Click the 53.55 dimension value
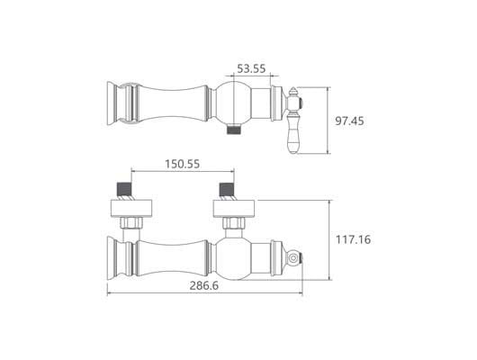pyautogui.click(x=251, y=68)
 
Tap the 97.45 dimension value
pyautogui.click(x=349, y=121)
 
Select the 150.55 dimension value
pyautogui.click(x=182, y=164)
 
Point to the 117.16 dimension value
pyautogui.click(x=353, y=239)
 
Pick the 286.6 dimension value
pyautogui.click(x=203, y=285)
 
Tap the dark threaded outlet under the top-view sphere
pyautogui.click(x=234, y=130)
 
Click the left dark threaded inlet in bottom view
pyautogui.click(x=124, y=189)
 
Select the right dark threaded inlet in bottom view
pyautogui.click(x=227, y=189)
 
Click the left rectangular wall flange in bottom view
pyautogui.click(x=131, y=209)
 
